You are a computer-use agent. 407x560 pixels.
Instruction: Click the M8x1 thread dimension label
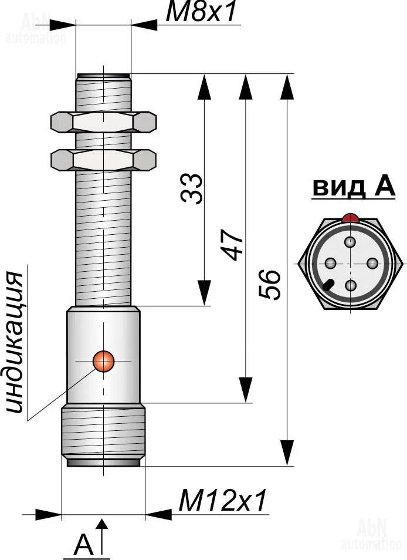(203, 13)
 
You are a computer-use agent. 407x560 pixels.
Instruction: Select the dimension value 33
(192, 188)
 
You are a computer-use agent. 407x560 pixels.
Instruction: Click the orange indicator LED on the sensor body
(104, 361)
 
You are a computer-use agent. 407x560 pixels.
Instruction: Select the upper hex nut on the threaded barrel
(104, 122)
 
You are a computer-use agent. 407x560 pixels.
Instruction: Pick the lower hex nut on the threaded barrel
(104, 159)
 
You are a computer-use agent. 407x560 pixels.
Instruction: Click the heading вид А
(353, 188)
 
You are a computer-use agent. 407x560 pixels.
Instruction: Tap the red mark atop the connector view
(351, 218)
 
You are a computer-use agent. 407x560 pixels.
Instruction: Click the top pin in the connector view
(351, 241)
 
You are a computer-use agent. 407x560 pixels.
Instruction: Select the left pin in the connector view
(330, 263)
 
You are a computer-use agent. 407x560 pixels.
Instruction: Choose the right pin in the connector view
(372, 263)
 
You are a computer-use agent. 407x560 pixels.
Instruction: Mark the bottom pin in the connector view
(351, 286)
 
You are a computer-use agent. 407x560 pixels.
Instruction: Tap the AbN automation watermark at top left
(35, 29)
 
